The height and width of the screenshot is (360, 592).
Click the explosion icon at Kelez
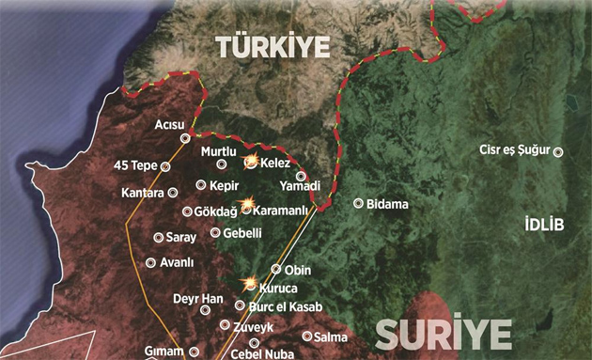pyautogui.click(x=251, y=162)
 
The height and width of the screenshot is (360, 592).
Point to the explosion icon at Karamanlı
pyautogui.click(x=247, y=204)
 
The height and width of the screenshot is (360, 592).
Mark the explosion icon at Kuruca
pyautogui.click(x=250, y=282)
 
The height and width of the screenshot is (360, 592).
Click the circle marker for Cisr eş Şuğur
pyautogui.click(x=558, y=152)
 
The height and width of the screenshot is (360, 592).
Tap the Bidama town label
pyautogui.click(x=388, y=203)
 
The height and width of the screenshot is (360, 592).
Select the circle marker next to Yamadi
pyautogui.click(x=301, y=176)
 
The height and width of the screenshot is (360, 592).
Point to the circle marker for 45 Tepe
pyautogui.click(x=166, y=166)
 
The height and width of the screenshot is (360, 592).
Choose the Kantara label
pyautogui.click(x=143, y=193)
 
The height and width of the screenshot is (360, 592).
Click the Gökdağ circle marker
pyautogui.click(x=187, y=211)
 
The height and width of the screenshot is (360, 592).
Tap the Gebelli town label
pyautogui.click(x=241, y=232)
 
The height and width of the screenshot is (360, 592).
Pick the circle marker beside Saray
pyautogui.click(x=158, y=237)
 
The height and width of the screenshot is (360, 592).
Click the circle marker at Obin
pyautogui.click(x=276, y=269)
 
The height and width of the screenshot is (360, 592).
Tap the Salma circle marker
pyautogui.click(x=307, y=337)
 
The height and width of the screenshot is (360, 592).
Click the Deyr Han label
pyautogui.click(x=198, y=299)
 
